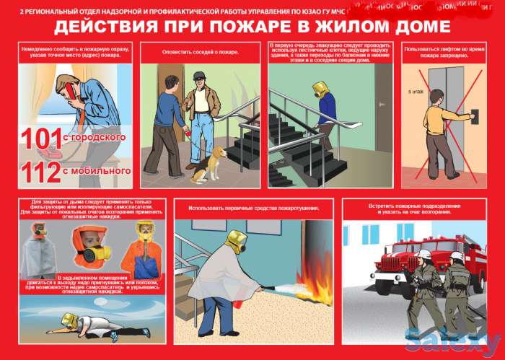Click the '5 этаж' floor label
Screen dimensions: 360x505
coord(417,93)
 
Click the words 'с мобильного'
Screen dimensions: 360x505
coord(102,172)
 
